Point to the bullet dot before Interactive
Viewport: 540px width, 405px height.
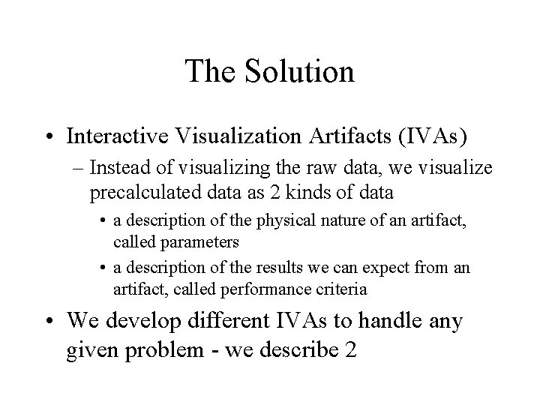[50, 138]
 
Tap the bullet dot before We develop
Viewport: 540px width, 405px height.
[50, 322]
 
